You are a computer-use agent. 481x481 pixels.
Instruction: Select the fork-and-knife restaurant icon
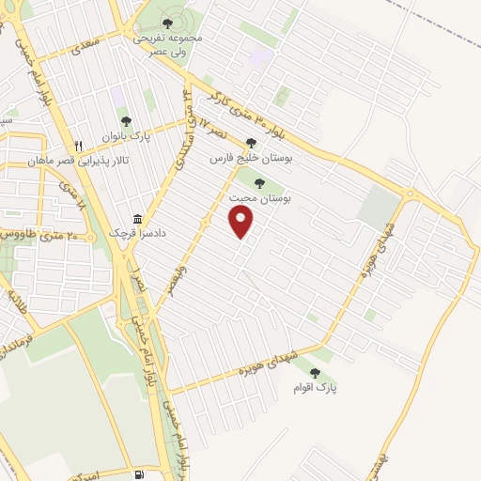[79, 147]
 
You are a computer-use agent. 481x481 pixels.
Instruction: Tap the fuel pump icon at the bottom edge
[139, 474]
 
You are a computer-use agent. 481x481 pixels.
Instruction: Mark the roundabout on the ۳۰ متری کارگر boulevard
[410, 193]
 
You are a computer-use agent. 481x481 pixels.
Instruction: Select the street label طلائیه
[14, 303]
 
